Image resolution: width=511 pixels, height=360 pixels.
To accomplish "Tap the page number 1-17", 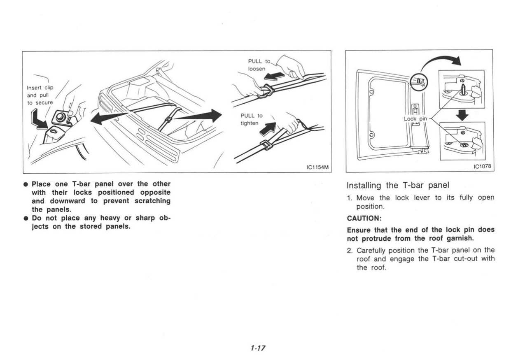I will tap(257, 348).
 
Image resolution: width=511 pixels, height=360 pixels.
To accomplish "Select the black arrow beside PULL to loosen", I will tap(275, 76).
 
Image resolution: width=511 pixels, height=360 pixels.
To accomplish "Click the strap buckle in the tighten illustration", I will tap(266, 145).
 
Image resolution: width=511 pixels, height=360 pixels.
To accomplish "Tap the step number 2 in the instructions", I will tap(350, 250).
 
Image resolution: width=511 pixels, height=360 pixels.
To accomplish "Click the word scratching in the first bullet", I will tap(152, 201).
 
